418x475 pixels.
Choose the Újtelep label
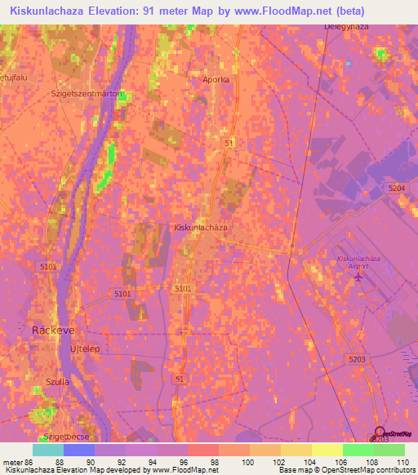85,348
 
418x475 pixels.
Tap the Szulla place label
56,381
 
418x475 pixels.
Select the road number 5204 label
396,188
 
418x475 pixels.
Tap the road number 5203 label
355,358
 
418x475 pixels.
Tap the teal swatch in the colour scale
48,450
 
